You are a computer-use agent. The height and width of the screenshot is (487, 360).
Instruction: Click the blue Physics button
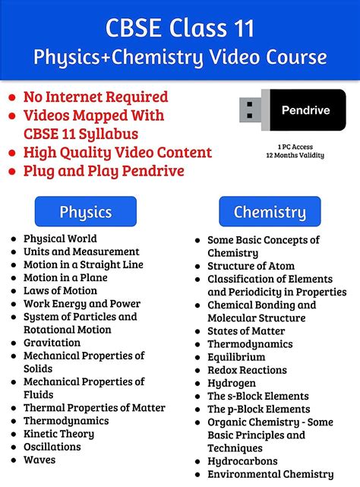pos(86,211)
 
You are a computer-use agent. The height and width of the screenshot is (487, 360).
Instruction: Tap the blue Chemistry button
pos(269,212)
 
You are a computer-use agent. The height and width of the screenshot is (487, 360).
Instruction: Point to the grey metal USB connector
pos(251,109)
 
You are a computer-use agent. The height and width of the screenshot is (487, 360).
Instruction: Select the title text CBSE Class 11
pos(179,28)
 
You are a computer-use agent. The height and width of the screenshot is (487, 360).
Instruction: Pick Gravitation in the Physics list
pos(52,343)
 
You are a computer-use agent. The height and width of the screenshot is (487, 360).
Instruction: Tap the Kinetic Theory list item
pos(58,434)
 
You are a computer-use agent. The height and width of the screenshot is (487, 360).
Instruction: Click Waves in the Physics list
pos(39,460)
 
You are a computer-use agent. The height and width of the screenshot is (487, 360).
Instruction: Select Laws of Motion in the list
pos(60,290)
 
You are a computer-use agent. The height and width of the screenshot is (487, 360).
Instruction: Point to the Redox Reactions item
pos(247,370)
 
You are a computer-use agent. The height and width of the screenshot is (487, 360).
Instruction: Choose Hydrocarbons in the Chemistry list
pos(242,461)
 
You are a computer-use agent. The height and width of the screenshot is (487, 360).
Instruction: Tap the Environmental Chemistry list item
pos(270,474)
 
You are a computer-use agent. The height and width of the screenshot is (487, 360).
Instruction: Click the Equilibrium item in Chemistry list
pos(236,357)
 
